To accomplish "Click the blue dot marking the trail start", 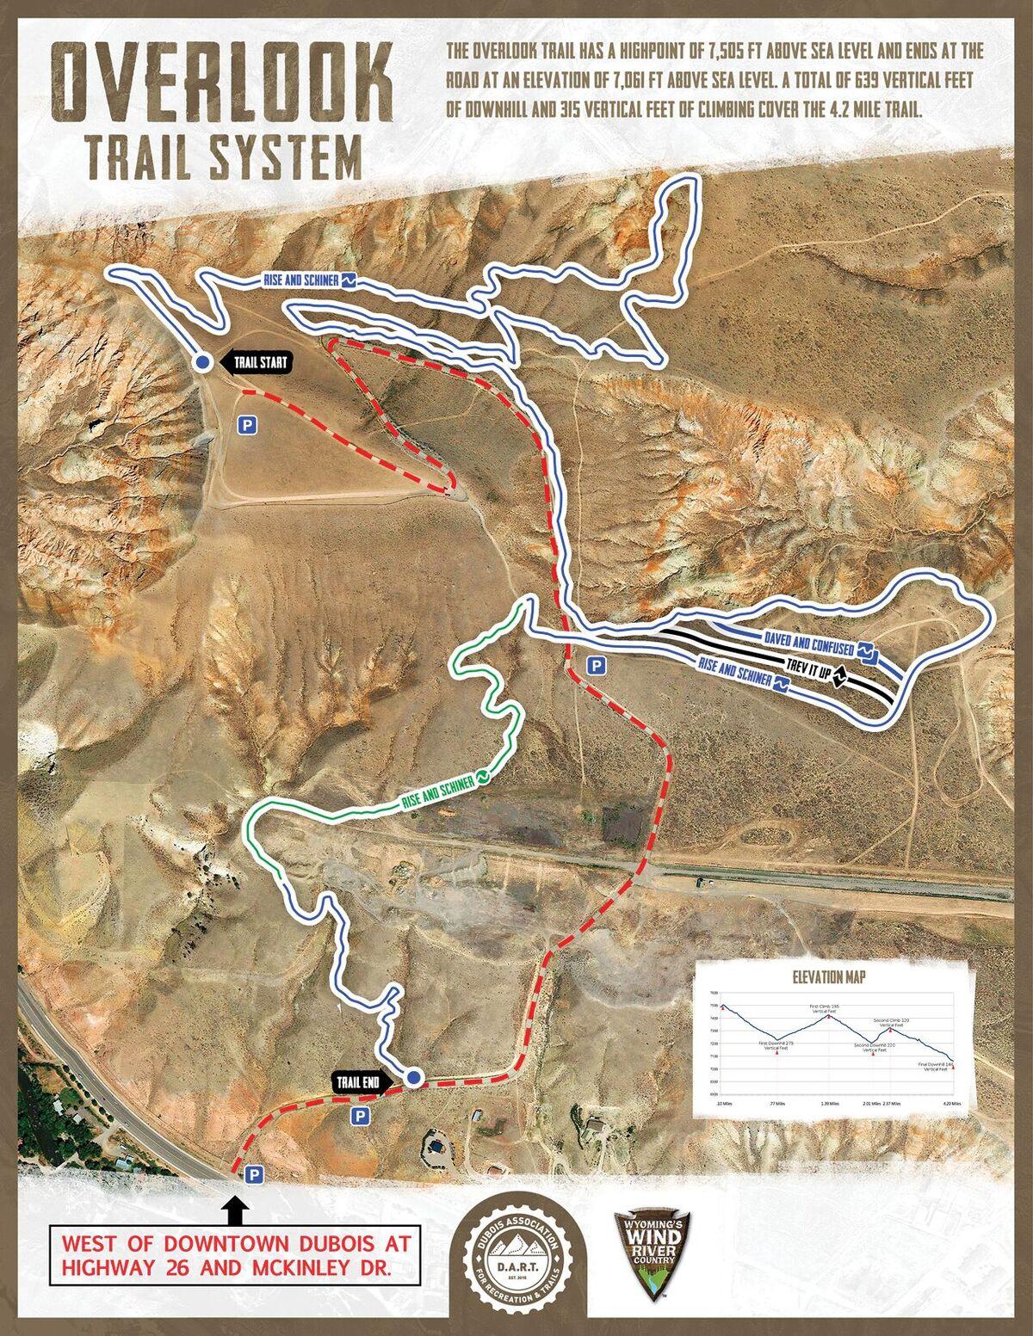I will (x=201, y=363).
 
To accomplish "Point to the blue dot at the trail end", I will (x=414, y=1077).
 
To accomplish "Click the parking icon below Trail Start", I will (x=247, y=424).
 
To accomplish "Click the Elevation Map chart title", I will (x=829, y=977).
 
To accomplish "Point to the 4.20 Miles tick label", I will (x=950, y=1103).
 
